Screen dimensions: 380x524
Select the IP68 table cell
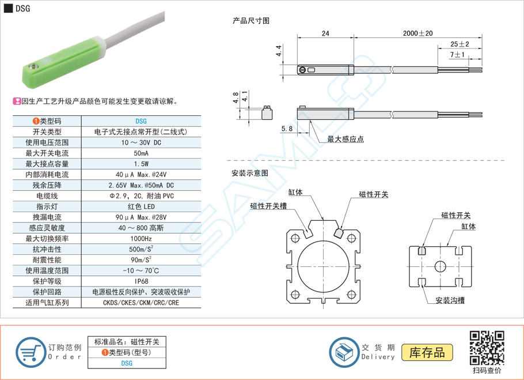[x=141, y=281]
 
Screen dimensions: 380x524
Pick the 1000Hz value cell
[x=141, y=239]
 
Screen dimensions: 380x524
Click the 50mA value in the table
[x=141, y=153]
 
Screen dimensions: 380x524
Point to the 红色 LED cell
[x=141, y=206]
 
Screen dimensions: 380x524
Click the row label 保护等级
[x=47, y=281]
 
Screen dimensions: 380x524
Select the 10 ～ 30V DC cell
[x=141, y=142]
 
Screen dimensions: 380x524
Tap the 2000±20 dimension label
[x=418, y=34]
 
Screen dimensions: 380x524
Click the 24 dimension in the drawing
[x=325, y=34]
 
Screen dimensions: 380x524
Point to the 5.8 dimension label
[x=287, y=129]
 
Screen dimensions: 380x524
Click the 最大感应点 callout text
[x=345, y=139]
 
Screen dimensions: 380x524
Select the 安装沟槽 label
[x=450, y=300]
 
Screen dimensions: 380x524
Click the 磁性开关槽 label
[x=268, y=206]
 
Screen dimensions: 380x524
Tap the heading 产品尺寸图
[x=250, y=20]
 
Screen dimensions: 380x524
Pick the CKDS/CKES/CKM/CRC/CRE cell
[x=141, y=303]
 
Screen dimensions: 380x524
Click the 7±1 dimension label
[x=458, y=55]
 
